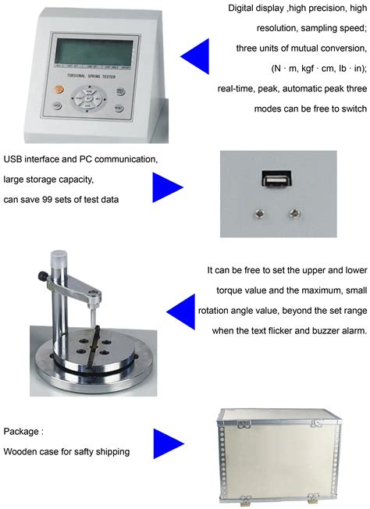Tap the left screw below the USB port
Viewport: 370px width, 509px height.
[258, 212]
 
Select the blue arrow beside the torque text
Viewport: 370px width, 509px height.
[180, 311]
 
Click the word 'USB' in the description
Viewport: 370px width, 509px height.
[14, 159]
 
